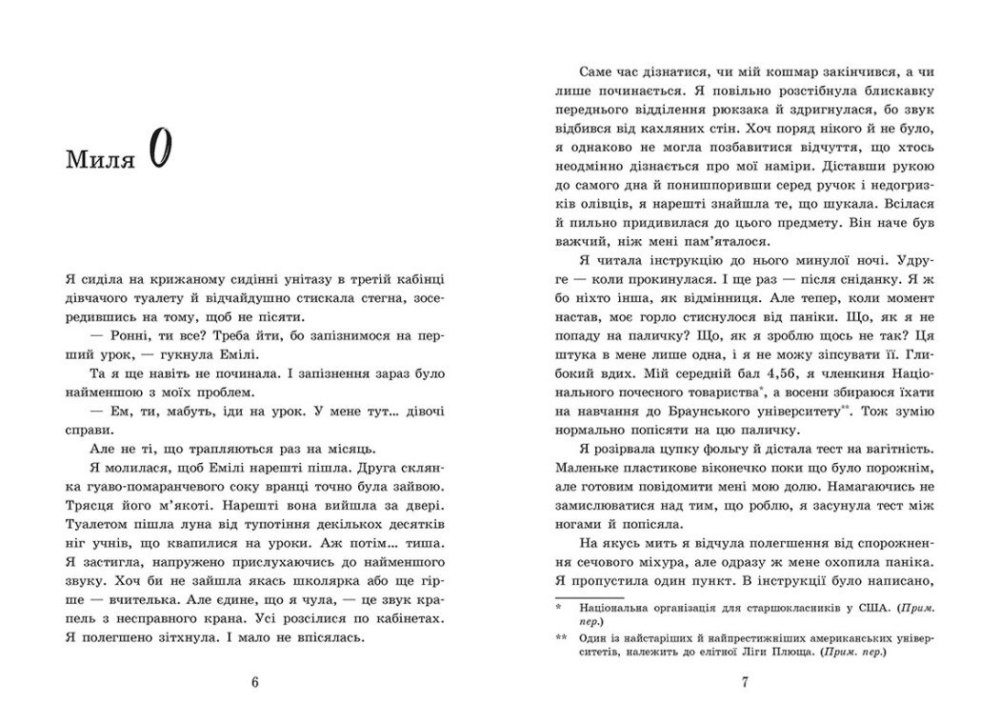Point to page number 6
254,681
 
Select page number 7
745,681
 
